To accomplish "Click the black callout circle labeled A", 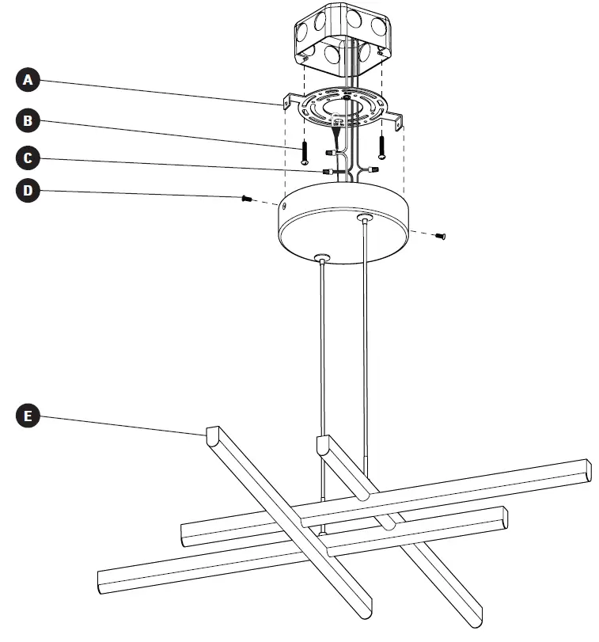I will point(28,79).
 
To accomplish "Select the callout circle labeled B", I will point(28,120).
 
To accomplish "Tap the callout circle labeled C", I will point(28,158).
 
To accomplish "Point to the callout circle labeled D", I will point(28,192).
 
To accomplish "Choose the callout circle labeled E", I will point(28,416).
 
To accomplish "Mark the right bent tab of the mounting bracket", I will point(398,120).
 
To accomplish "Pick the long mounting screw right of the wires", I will point(382,146).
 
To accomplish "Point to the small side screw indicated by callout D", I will point(247,199).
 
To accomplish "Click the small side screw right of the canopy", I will point(442,236).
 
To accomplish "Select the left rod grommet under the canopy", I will point(321,257).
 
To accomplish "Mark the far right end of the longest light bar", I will point(586,469).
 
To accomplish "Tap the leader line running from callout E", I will point(119,424).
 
